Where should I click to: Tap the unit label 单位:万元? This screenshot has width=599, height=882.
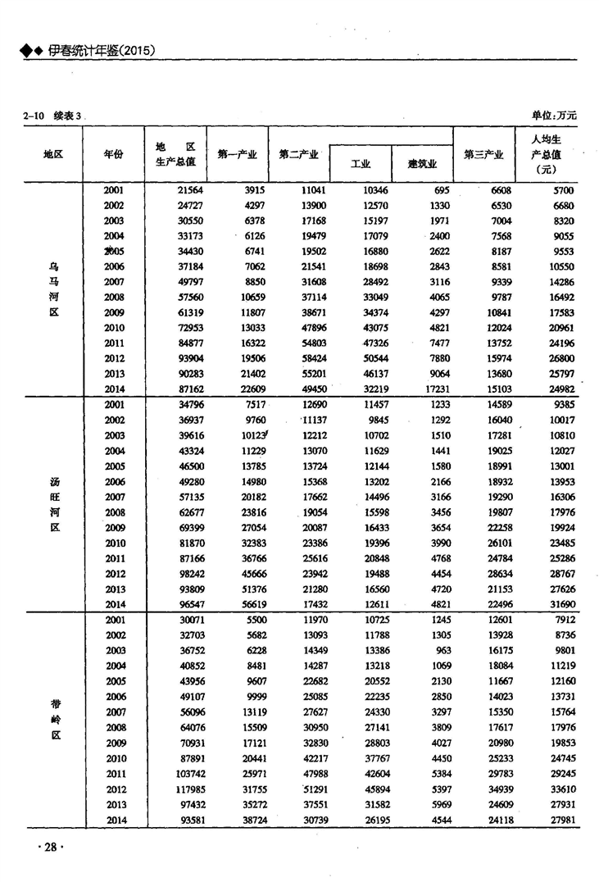(x=554, y=116)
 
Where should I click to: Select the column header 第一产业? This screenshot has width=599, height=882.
(x=237, y=154)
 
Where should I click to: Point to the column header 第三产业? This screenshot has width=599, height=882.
(x=483, y=154)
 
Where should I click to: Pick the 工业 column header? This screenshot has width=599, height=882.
(x=361, y=164)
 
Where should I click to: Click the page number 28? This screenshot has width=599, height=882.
(x=46, y=847)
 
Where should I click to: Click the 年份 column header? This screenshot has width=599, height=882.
(x=115, y=154)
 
